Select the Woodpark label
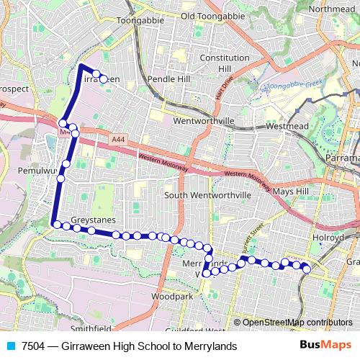pos(173,296)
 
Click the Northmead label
pos(331,9)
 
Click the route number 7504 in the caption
pos(34,346)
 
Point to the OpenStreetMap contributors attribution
pos(297,323)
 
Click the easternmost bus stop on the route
pos(307,269)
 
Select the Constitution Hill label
pos(215,63)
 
